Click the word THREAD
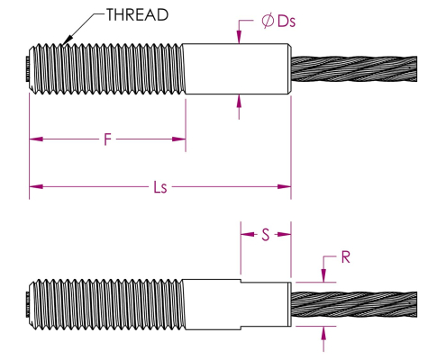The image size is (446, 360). pos(137,14)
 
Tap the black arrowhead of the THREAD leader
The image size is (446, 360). pos(68,40)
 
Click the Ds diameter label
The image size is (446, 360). pos(287,22)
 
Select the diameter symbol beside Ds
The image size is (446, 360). pos(268,22)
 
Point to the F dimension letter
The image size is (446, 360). pos(107,139)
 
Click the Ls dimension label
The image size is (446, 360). pos(160,187)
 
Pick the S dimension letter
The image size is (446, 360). pos(266,234)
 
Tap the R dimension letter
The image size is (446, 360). pos(346,257)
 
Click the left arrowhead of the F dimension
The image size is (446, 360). pos(36,139)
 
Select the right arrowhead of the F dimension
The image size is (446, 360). pos(178,139)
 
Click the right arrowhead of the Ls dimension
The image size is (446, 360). pos(284,186)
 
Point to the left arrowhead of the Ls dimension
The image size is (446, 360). pos(36,186)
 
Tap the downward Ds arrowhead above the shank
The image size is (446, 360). pos(239,37)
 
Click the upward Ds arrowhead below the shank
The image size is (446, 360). pos(239,101)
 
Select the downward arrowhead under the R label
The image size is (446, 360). pos(323,275)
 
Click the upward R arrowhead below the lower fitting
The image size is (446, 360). pos(323,333)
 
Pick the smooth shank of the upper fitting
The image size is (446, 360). pos(237,69)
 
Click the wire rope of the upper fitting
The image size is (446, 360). pos(354,69)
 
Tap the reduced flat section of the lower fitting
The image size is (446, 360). pos(266,304)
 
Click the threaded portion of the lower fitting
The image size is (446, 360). pos(106,304)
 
